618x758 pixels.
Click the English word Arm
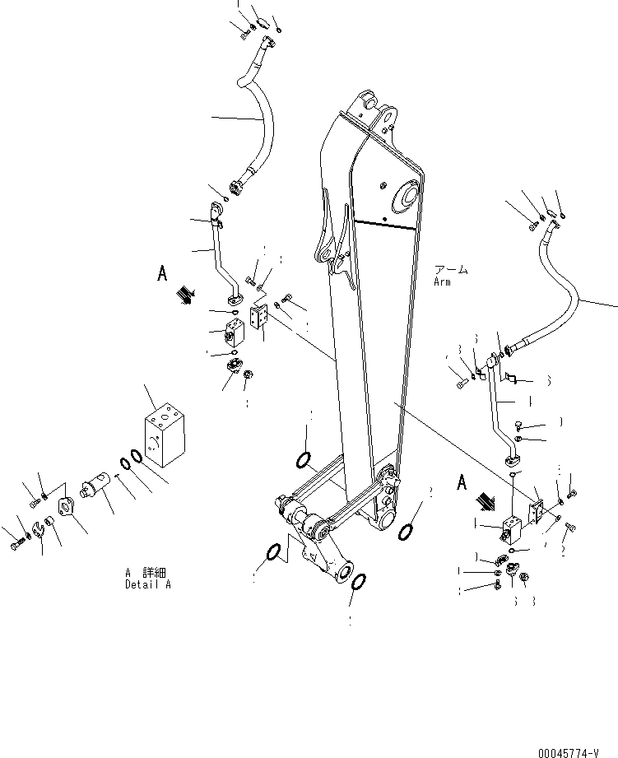[443, 282]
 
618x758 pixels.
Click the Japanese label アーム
[451, 270]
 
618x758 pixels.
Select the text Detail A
[148, 584]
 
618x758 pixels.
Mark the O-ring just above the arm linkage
[303, 458]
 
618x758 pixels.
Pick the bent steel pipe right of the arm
[500, 407]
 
